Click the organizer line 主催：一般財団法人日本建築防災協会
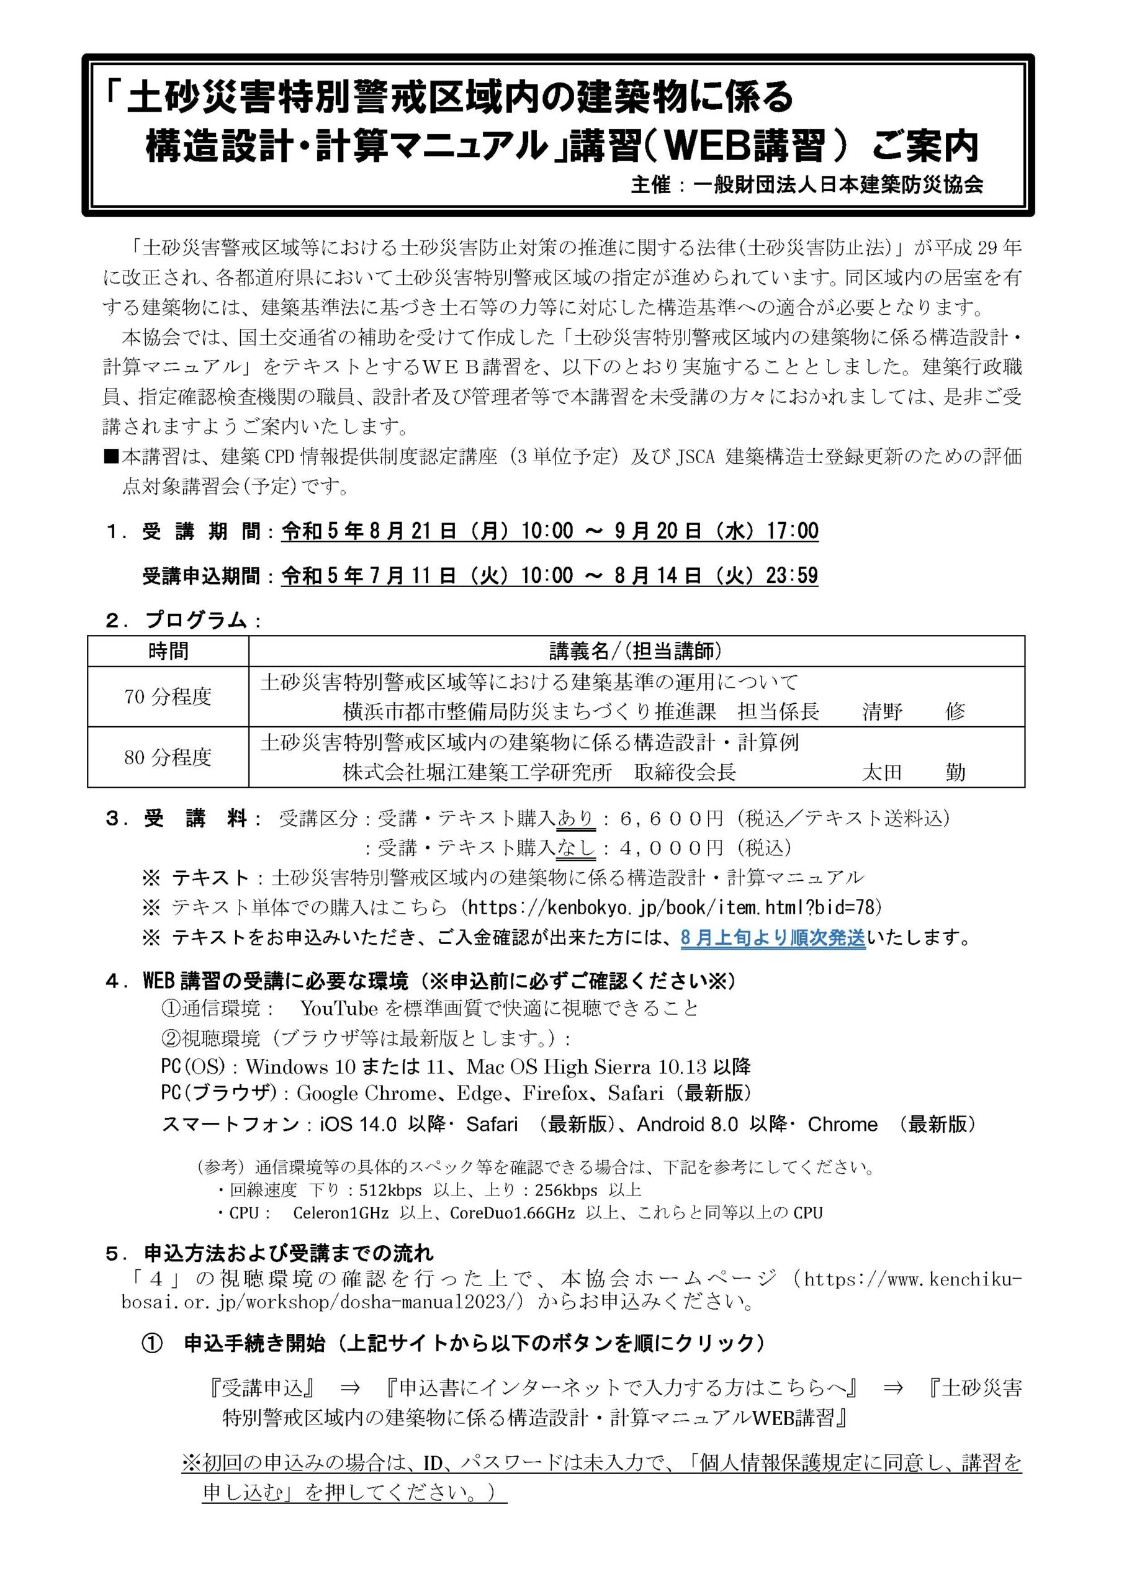(x=806, y=186)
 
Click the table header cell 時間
(x=168, y=650)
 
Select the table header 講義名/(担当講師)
(x=636, y=650)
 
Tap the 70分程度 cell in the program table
(x=168, y=696)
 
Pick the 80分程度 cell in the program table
(x=168, y=757)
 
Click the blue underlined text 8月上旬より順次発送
(x=773, y=939)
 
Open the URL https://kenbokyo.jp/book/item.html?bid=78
(x=671, y=907)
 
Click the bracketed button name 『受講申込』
(x=264, y=1389)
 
